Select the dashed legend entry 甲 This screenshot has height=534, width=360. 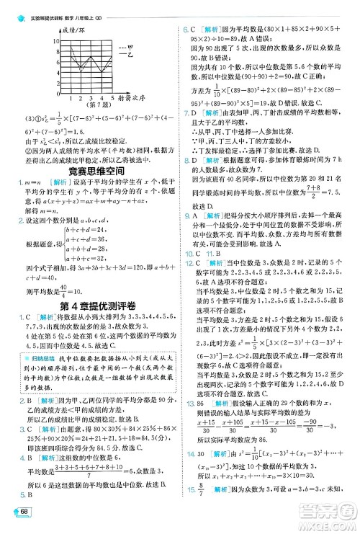pyautogui.click(x=126, y=45)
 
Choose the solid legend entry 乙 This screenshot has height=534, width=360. pyautogui.click(x=126, y=54)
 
